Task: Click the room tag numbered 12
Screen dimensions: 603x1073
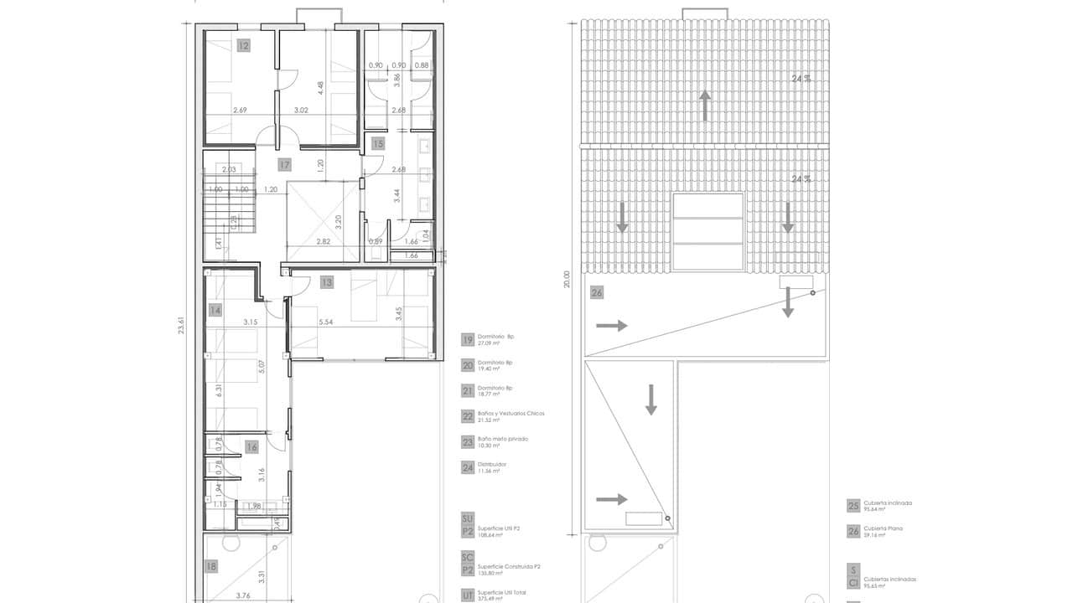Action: click(243, 46)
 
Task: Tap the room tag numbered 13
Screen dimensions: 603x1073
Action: click(327, 282)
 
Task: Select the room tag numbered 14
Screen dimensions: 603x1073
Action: click(215, 310)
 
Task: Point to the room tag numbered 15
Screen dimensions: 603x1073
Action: click(378, 143)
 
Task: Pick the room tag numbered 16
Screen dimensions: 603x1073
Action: click(251, 447)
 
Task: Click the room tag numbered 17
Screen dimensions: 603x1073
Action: click(285, 165)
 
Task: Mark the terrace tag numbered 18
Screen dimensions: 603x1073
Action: click(210, 566)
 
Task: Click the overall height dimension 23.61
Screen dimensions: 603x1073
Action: click(181, 325)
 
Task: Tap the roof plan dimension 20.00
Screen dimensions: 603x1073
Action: click(568, 279)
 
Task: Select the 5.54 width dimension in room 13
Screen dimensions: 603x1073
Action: click(326, 322)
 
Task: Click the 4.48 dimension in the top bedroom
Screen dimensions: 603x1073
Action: click(320, 88)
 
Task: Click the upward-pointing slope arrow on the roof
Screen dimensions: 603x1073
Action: click(705, 106)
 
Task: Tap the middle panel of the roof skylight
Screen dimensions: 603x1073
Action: click(708, 231)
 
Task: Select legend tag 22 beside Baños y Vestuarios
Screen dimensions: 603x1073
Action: click(468, 416)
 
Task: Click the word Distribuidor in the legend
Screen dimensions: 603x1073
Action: click(492, 464)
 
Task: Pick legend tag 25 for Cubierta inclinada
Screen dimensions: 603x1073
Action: click(853, 506)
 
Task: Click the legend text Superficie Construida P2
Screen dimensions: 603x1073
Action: click(509, 566)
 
